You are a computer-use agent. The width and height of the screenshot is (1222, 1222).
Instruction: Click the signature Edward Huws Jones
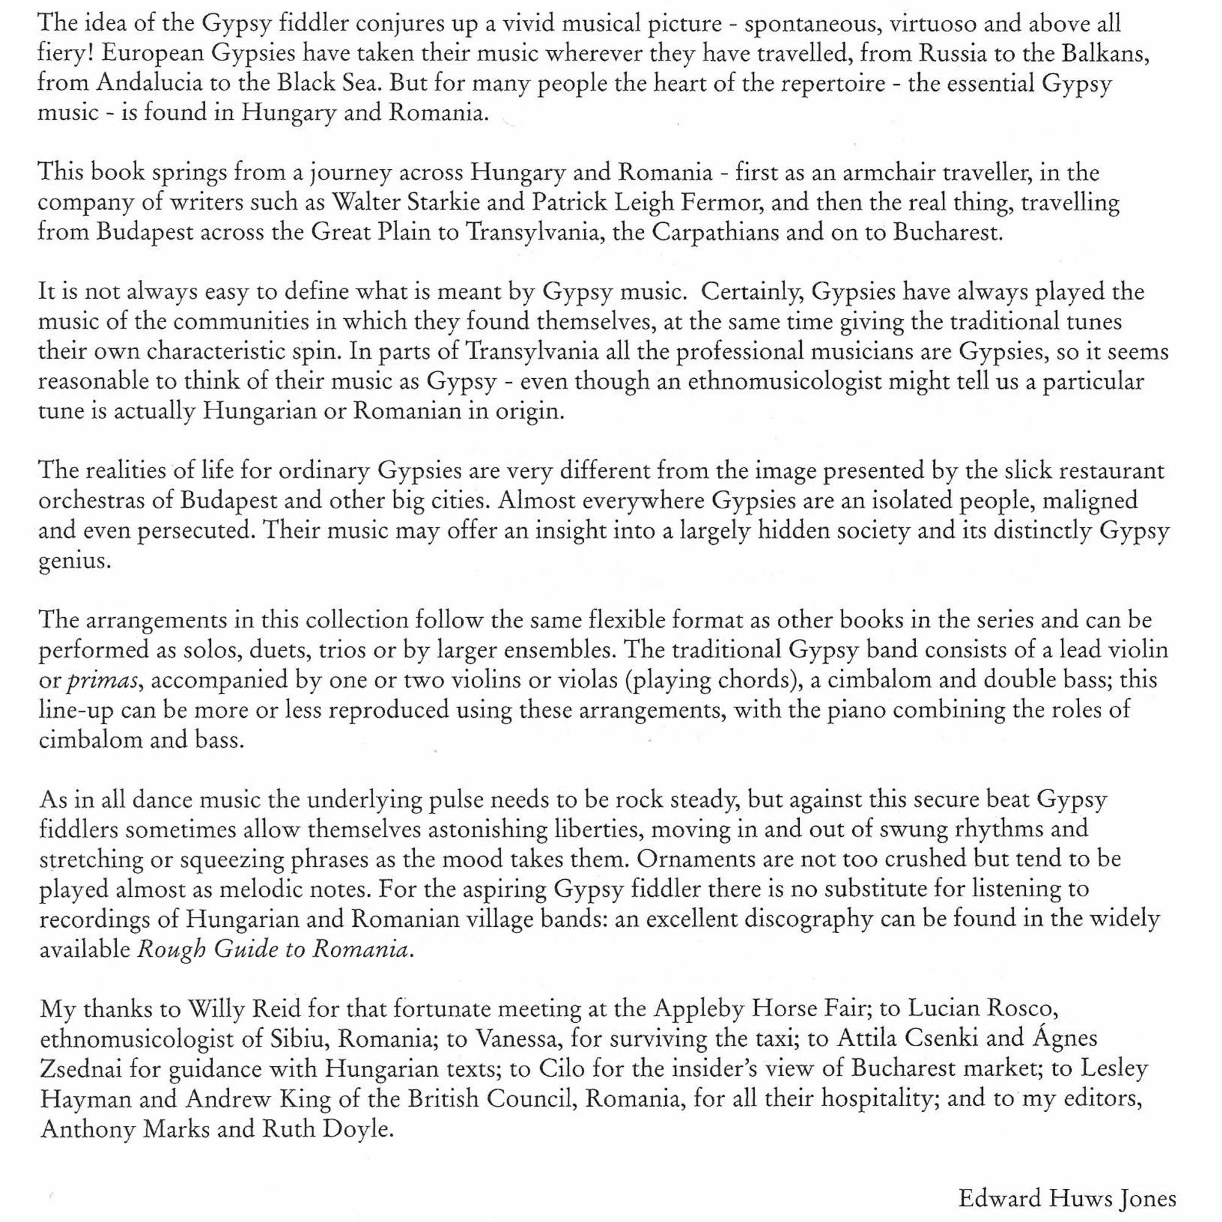tap(1067, 1198)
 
